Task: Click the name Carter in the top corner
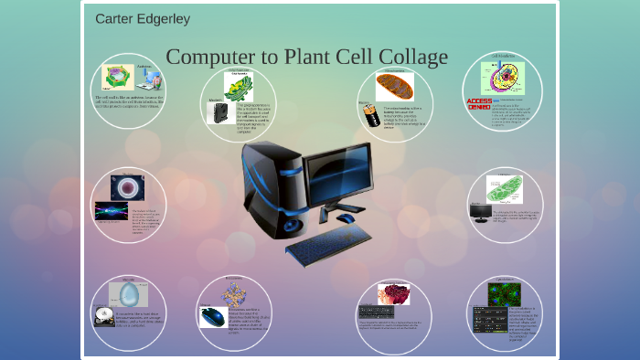(115, 19)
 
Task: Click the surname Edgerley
(165, 19)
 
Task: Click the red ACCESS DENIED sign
(479, 102)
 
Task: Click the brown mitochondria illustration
(395, 86)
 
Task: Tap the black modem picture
(218, 112)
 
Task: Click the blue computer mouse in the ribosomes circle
(212, 316)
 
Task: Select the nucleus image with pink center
(127, 186)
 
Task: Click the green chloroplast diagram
(504, 189)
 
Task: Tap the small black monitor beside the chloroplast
(480, 212)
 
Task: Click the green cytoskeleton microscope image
(504, 293)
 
